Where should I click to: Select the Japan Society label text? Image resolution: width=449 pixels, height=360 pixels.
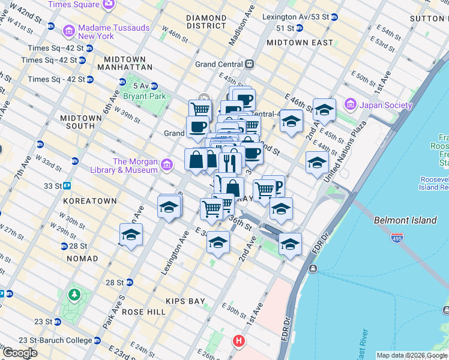coord(386,106)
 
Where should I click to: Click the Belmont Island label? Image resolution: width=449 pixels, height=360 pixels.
coord(405,220)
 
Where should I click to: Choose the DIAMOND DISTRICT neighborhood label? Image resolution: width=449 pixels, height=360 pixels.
coord(206,22)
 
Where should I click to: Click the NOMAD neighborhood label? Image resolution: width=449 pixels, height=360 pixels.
coord(82,259)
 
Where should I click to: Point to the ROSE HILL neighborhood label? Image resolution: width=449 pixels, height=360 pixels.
coord(143,312)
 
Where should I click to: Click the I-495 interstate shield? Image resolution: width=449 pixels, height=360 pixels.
coord(397,238)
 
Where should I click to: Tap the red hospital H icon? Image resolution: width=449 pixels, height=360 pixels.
coord(238,341)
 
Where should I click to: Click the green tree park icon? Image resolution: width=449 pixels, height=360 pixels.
coord(74,295)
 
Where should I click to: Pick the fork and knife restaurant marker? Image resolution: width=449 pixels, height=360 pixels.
coord(229,162)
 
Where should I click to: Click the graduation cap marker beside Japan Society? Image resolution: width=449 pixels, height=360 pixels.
coord(324,110)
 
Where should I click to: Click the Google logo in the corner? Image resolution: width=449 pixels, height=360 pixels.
coord(20,353)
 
